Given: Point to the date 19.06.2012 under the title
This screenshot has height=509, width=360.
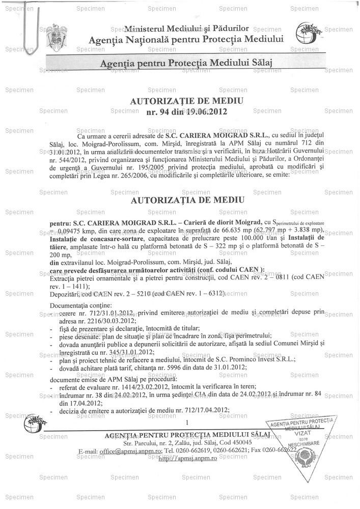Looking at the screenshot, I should (206, 111).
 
